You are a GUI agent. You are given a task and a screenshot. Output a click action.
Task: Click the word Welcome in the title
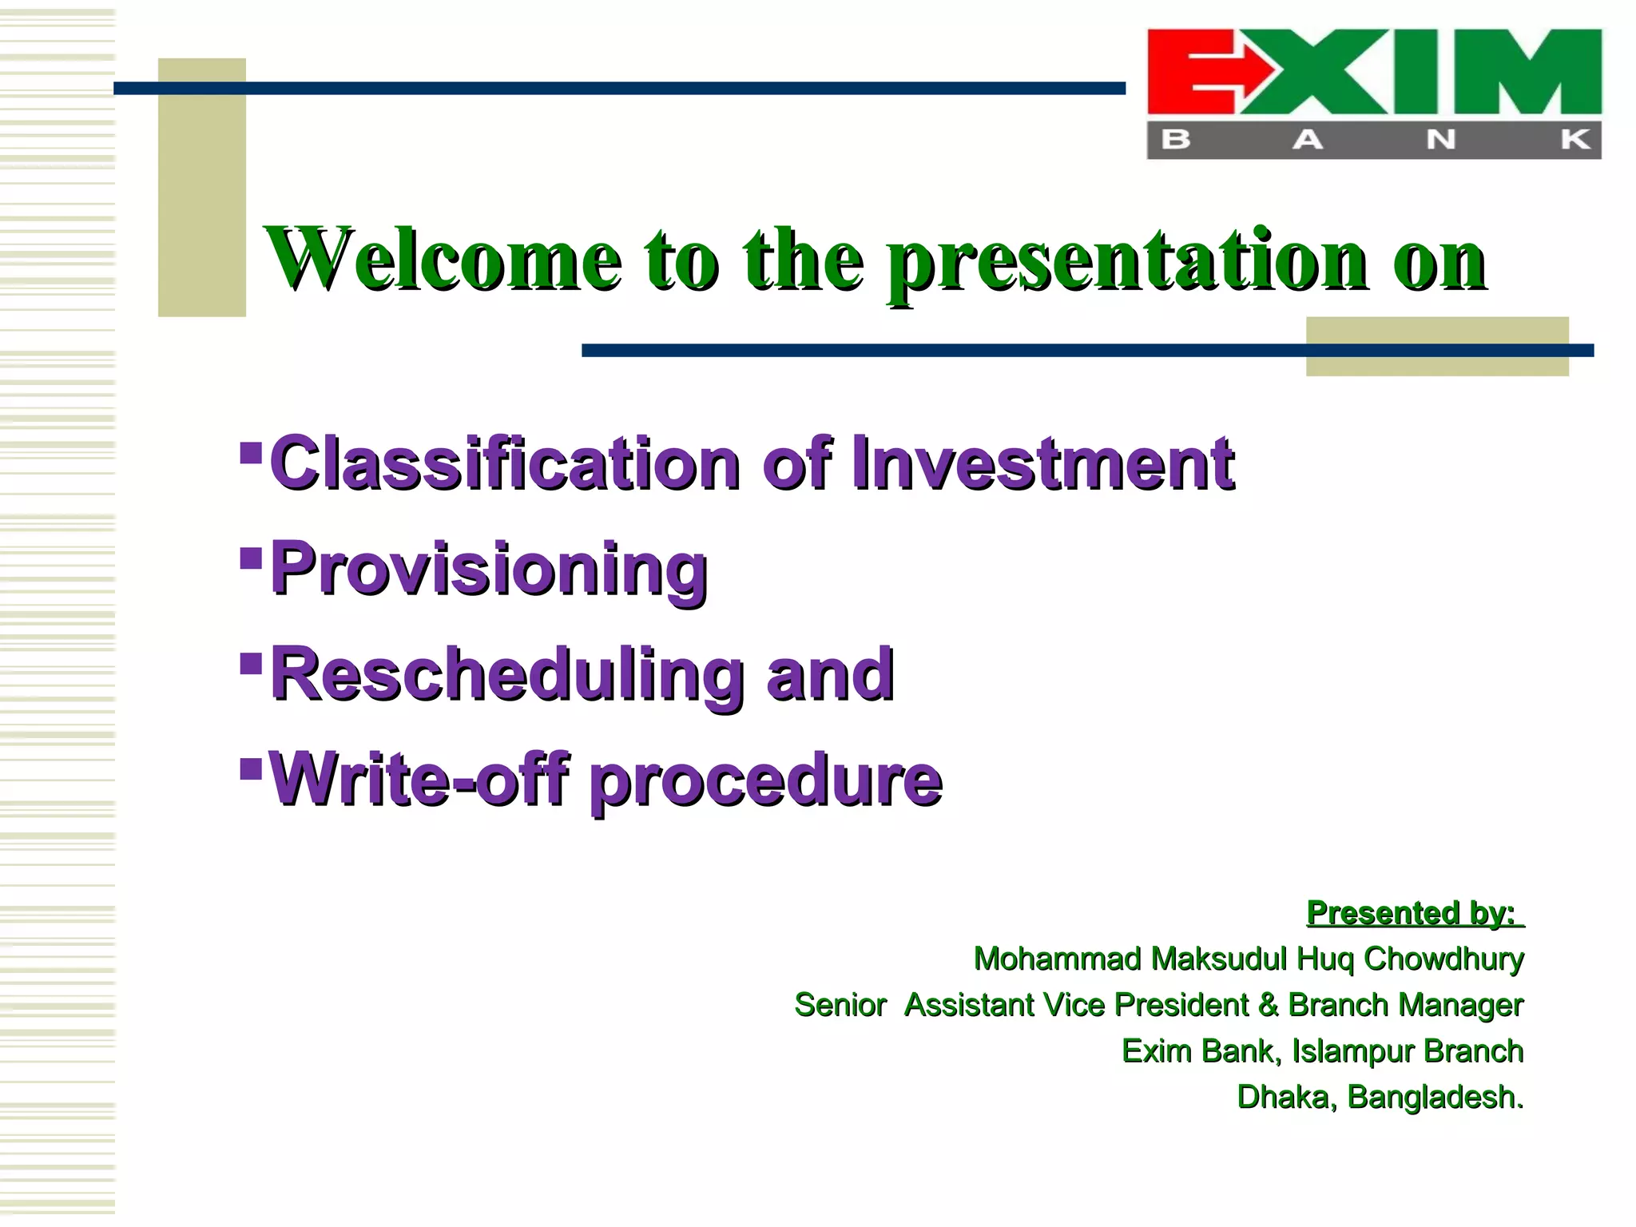[x=443, y=260]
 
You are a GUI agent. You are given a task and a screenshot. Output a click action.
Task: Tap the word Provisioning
[x=489, y=569]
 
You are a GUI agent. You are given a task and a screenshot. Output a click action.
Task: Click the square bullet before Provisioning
[x=251, y=557]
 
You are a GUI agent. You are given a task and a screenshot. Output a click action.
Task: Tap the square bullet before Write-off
[x=251, y=768]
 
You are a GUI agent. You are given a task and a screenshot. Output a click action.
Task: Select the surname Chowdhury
[x=1443, y=959]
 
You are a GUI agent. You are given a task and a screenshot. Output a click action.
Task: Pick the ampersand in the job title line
[x=1268, y=1005]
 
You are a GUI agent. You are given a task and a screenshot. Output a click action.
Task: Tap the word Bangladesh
[x=1435, y=1098]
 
